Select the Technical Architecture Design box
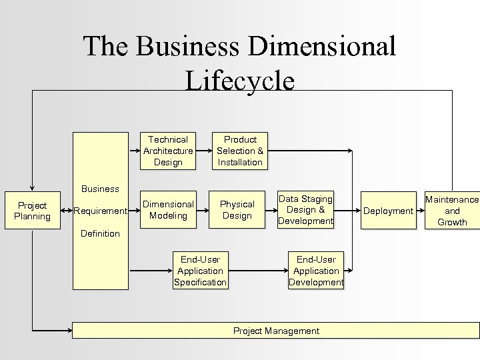click(x=168, y=151)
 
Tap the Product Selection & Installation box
click(x=240, y=151)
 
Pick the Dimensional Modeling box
click(x=168, y=210)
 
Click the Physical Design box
click(x=237, y=210)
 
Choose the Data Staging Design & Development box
click(x=306, y=210)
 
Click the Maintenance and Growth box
click(x=452, y=211)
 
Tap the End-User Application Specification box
click(x=200, y=271)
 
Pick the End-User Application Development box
click(x=316, y=271)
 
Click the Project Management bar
click(x=276, y=331)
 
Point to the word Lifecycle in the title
click(x=239, y=81)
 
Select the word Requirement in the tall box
click(x=101, y=211)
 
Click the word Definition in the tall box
click(x=100, y=233)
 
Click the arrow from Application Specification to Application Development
click(x=258, y=271)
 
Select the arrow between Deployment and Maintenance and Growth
click(x=420, y=211)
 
